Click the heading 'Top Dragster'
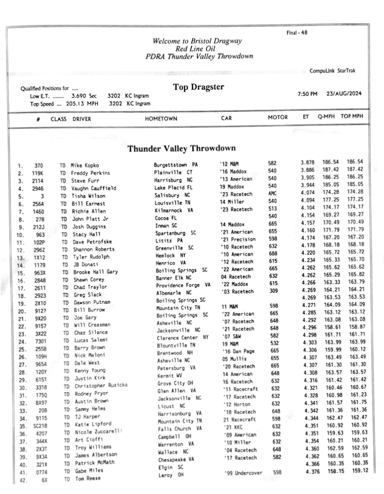tap(198, 87)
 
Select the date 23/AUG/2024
tap(344, 94)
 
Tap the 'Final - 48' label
tap(297, 33)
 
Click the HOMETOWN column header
tap(161, 118)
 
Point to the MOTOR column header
tap(278, 118)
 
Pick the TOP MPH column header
tap(352, 117)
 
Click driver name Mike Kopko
tap(85, 165)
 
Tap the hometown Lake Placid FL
tap(174, 188)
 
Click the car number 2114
tap(39, 181)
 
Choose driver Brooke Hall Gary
tap(96, 272)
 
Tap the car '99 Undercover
tap(244, 473)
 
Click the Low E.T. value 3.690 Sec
tap(84, 96)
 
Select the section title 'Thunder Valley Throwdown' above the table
tap(181, 149)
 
